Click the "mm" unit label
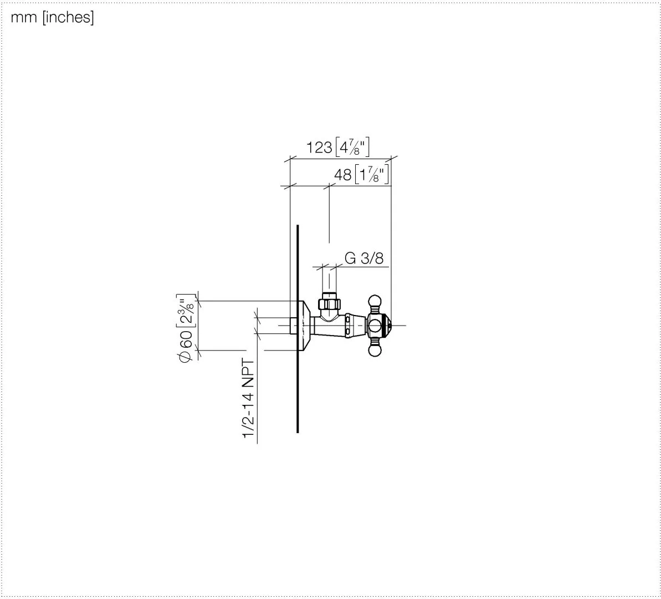click(x=24, y=18)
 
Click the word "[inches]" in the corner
click(x=68, y=17)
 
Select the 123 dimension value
click(x=319, y=148)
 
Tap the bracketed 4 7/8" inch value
click(x=352, y=147)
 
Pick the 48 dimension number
click(x=343, y=175)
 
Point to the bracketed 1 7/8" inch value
click(x=372, y=174)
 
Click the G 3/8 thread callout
click(x=364, y=258)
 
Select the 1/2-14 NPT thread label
click(x=248, y=398)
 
